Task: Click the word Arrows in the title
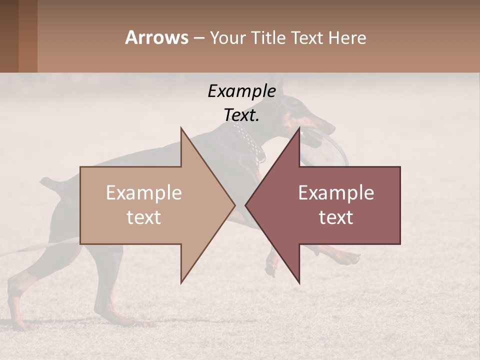click(x=156, y=37)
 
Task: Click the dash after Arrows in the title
click(x=198, y=38)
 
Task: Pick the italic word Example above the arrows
click(x=241, y=91)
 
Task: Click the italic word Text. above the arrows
click(x=241, y=115)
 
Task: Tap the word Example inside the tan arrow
click(x=144, y=193)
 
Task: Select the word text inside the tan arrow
click(x=144, y=217)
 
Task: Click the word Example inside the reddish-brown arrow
click(x=336, y=193)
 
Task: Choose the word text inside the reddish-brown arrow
click(x=336, y=217)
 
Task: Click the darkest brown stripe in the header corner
click(x=9, y=36)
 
